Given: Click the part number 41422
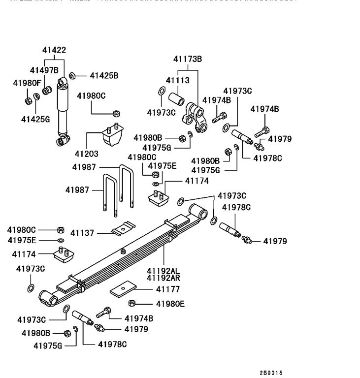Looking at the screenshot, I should (x=54, y=50).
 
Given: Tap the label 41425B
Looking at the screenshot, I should (x=104, y=76).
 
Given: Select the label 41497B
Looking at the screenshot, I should (x=44, y=70).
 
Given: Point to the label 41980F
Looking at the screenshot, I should (x=27, y=83).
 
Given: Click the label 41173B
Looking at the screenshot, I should (x=187, y=60).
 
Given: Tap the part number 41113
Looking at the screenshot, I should (x=177, y=80).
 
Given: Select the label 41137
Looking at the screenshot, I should (x=82, y=232).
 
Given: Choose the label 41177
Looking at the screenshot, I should (x=168, y=289).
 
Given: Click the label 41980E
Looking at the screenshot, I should (x=170, y=304).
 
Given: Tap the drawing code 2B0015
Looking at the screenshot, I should (x=271, y=373).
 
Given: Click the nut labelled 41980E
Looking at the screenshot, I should (x=132, y=303).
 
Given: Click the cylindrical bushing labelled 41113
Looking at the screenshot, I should (x=176, y=96).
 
